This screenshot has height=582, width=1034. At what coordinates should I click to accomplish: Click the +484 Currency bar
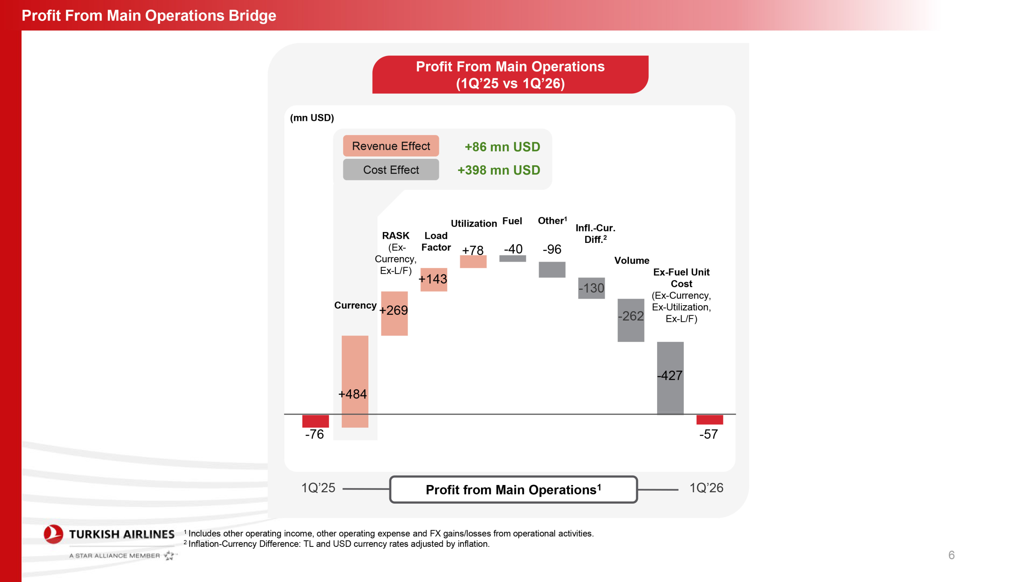[355, 381]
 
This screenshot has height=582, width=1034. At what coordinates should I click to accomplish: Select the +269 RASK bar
[394, 313]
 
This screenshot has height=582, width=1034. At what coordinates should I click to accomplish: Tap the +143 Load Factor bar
[433, 279]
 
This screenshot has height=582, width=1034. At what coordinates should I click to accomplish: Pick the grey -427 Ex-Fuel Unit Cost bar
[670, 378]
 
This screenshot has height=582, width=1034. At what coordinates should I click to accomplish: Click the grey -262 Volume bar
[630, 320]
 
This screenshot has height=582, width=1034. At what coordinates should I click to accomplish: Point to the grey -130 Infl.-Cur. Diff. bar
[591, 288]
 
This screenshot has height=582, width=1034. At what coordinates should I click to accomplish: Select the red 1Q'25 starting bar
[315, 421]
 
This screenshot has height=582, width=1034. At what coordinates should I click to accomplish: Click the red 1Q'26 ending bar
[710, 420]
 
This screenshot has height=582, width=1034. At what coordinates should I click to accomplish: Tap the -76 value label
[314, 434]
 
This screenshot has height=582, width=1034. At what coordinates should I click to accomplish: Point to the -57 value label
[708, 434]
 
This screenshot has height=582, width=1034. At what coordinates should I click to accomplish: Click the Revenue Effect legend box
[391, 146]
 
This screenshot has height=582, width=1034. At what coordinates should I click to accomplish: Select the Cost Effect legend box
[391, 170]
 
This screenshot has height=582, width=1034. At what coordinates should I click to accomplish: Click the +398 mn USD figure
[498, 170]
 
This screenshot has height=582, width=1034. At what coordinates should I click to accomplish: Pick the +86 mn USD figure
[502, 147]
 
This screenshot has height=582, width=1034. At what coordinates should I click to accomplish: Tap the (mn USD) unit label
[312, 118]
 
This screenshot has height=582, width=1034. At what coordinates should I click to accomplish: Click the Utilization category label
[474, 224]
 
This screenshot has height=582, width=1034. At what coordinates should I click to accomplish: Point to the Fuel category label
[512, 221]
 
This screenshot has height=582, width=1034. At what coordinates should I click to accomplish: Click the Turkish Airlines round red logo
[53, 534]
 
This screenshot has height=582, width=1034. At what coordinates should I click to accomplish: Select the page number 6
[951, 555]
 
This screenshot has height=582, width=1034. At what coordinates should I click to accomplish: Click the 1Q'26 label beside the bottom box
[706, 488]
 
